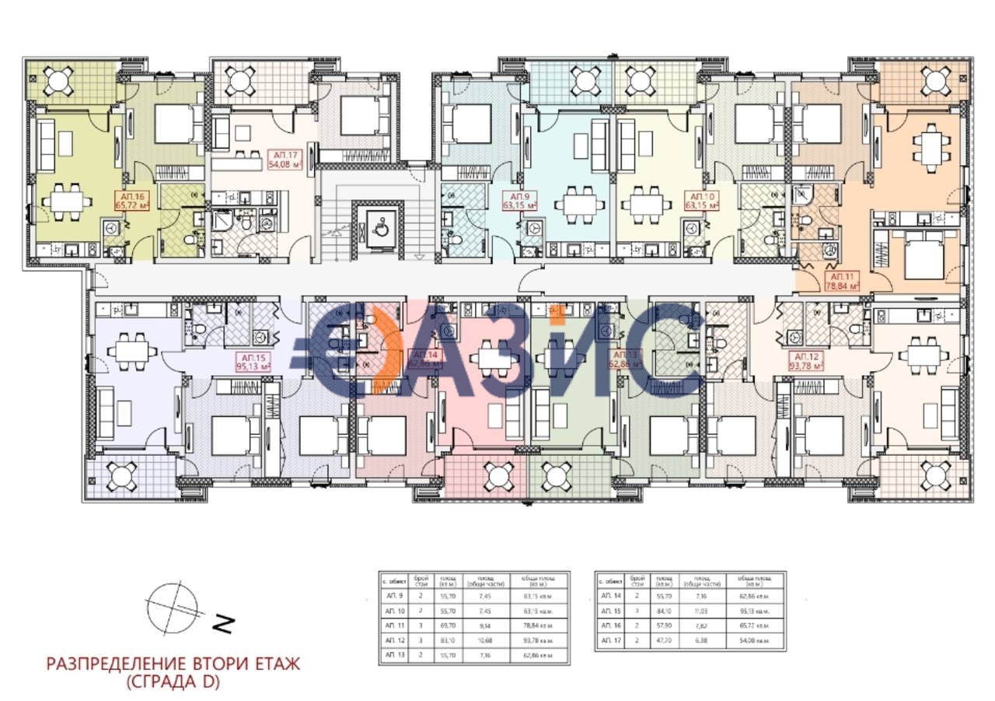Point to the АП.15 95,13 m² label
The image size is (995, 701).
tap(252, 359)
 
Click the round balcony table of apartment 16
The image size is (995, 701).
tap(59, 79)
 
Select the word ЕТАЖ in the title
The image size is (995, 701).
tap(271, 664)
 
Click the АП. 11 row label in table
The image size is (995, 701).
tap(394, 625)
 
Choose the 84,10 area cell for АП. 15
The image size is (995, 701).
tap(665, 610)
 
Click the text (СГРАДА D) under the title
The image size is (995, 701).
tap(173, 682)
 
